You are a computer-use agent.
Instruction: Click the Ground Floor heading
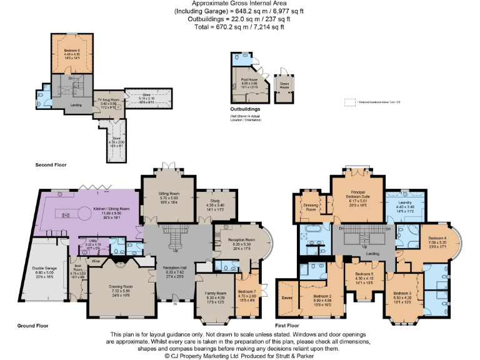(x=16, y=326)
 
